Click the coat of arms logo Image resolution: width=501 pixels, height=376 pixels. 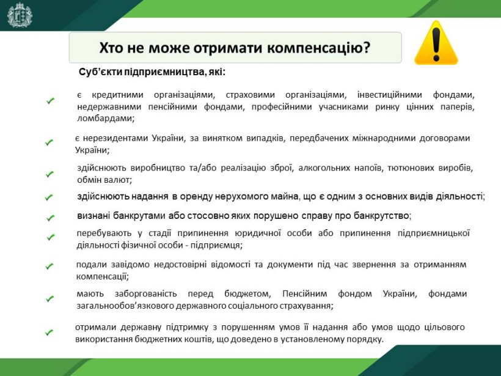[20, 15]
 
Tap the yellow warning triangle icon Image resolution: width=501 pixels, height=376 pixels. [436, 43]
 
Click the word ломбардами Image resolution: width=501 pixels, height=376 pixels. [106, 118]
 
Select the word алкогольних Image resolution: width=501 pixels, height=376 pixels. [324, 168]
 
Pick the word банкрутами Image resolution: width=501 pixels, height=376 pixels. [139, 216]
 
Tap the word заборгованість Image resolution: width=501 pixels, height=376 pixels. [145, 293]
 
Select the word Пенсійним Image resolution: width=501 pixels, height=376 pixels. [304, 293]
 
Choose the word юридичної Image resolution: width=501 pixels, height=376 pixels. [258, 233]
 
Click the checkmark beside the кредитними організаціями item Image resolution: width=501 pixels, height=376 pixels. [50, 101]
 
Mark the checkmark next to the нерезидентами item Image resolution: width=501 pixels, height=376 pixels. [49, 142]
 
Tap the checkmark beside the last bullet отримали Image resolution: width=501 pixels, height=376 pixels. [49, 333]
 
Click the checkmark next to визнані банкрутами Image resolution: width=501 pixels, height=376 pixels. [50, 218]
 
